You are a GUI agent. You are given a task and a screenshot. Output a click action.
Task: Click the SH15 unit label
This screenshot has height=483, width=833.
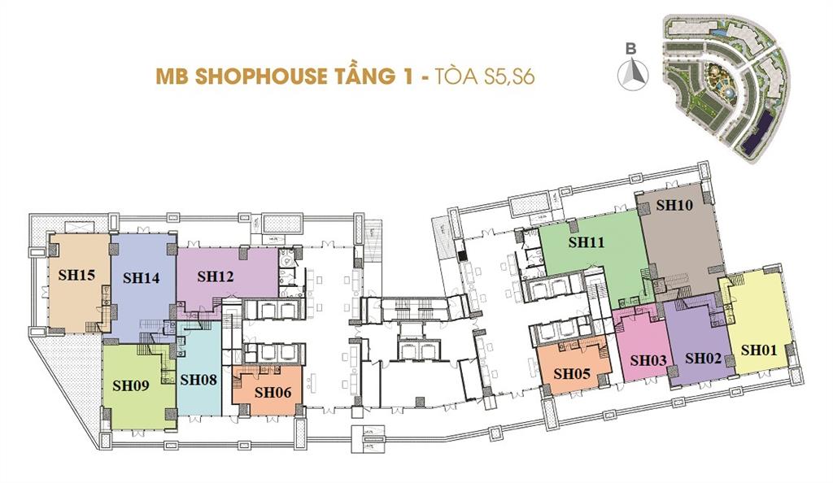(77, 275)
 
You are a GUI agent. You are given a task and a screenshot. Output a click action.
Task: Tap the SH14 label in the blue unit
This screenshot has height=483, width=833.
(141, 277)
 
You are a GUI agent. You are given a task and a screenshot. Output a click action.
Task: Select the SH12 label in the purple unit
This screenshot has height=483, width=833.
(216, 276)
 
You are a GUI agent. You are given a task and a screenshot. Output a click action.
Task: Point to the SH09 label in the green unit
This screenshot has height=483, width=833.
(130, 386)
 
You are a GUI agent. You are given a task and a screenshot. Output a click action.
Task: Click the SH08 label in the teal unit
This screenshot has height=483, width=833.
(198, 379)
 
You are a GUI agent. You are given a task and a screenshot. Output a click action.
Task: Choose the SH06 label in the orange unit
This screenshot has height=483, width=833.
(273, 391)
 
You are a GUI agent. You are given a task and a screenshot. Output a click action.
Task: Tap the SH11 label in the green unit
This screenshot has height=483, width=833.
(586, 242)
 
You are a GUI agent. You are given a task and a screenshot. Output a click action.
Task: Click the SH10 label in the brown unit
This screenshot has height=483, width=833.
(674, 206)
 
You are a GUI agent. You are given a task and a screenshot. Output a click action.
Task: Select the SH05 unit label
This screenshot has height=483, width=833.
(572, 374)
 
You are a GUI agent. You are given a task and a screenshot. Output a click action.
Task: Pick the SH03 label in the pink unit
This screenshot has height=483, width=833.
(648, 359)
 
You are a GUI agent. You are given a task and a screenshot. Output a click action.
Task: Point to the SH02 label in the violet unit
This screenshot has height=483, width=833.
(703, 358)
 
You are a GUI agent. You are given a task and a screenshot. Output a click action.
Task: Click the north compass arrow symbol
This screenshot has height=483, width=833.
(632, 76)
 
